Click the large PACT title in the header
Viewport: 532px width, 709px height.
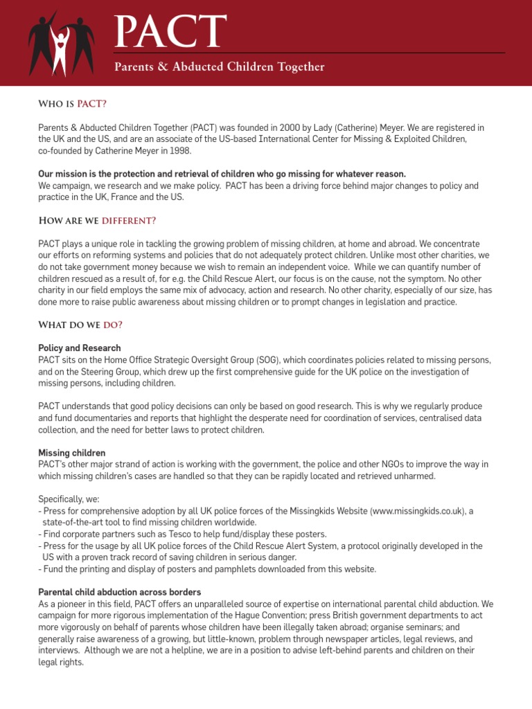click(x=170, y=33)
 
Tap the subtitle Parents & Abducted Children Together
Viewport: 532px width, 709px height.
click(x=219, y=67)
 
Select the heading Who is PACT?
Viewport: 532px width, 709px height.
click(x=72, y=104)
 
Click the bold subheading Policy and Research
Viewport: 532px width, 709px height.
click(x=80, y=348)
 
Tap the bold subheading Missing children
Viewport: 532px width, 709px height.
click(x=73, y=453)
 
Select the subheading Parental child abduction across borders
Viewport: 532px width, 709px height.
click(x=120, y=593)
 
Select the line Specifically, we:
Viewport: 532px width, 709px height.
click(x=68, y=499)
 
